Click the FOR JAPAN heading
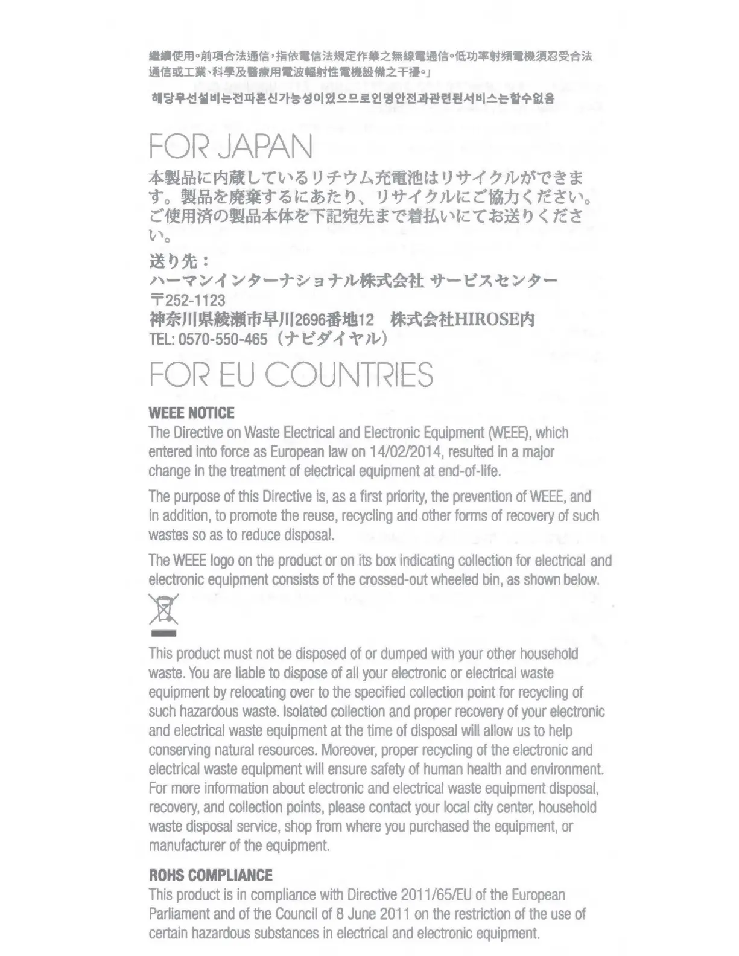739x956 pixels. pyautogui.click(x=231, y=147)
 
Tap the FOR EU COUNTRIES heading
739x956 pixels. pyautogui.click(x=291, y=375)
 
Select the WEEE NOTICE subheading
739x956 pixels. pyautogui.click(x=191, y=413)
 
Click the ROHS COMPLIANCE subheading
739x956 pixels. pyautogui.click(x=211, y=876)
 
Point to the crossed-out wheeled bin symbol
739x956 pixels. pyautogui.click(x=163, y=610)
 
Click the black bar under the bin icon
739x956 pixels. pyautogui.click(x=163, y=634)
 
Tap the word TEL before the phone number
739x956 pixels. pyautogui.click(x=160, y=339)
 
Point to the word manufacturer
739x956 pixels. pyautogui.click(x=186, y=846)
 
